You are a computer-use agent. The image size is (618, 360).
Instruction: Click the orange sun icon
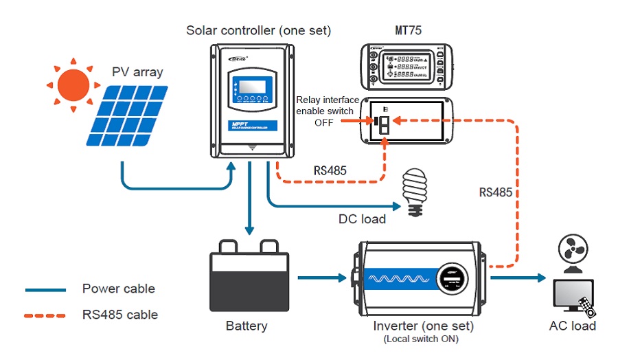click(x=73, y=85)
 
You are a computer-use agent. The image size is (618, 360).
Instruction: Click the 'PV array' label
click(x=137, y=71)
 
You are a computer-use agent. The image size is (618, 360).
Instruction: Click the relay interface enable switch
click(x=385, y=124)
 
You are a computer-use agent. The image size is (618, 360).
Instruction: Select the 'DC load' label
click(x=362, y=219)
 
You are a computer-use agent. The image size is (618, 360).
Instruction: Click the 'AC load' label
click(x=573, y=326)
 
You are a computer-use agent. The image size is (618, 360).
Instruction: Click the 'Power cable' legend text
click(x=119, y=289)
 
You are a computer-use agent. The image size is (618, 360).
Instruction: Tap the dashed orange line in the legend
click(x=45, y=315)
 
